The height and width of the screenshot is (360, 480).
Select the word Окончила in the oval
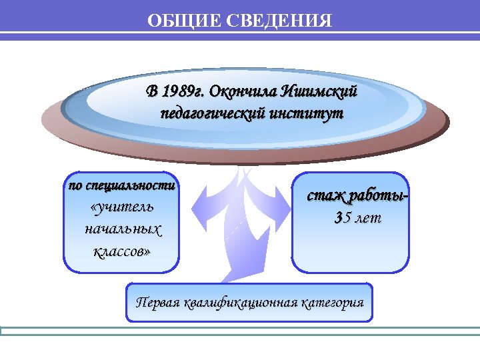(x=241, y=91)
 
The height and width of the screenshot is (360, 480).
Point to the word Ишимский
(x=320, y=91)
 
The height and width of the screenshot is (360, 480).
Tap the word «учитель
(x=121, y=207)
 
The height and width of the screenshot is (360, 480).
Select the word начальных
(x=122, y=229)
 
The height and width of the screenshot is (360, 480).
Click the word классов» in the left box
(x=121, y=251)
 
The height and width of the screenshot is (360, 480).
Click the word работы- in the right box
(x=380, y=196)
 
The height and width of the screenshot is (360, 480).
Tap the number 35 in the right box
(x=341, y=217)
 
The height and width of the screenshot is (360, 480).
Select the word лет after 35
(x=366, y=217)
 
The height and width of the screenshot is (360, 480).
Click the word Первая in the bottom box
(x=158, y=302)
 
